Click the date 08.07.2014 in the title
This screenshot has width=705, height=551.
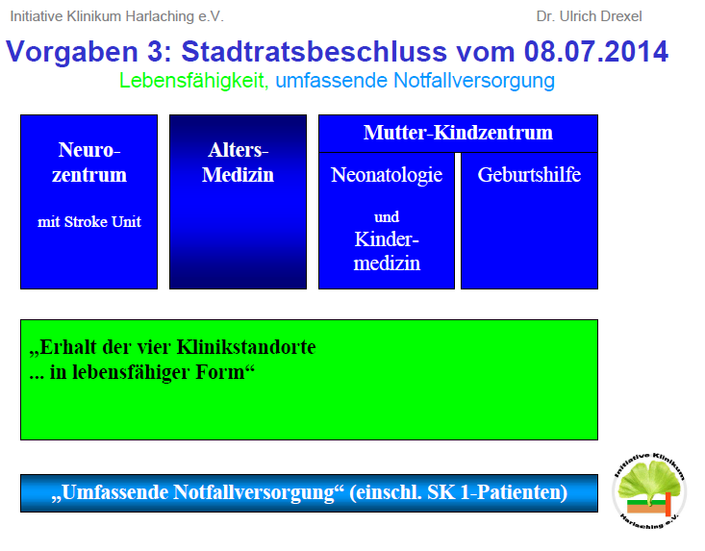tap(595, 51)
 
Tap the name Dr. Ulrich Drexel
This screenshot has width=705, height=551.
tap(589, 16)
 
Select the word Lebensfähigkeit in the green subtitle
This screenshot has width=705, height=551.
tap(193, 81)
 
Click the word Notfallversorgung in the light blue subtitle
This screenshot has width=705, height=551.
tap(474, 81)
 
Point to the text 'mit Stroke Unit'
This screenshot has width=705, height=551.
tap(89, 221)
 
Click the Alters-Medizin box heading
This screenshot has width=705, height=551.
tap(238, 163)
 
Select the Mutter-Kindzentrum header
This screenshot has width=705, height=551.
tap(458, 133)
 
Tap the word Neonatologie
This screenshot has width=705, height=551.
tap(387, 175)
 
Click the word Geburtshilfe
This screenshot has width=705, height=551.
tap(529, 174)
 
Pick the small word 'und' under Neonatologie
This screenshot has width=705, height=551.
tap(387, 217)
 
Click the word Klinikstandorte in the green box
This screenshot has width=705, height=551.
tap(246, 347)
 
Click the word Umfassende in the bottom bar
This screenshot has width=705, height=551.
tap(113, 492)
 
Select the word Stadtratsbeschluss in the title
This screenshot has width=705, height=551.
tap(315, 51)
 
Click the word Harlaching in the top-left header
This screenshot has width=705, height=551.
tap(160, 16)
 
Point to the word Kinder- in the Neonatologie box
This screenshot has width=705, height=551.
tap(387, 239)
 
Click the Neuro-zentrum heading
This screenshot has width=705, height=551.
tap(89, 163)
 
